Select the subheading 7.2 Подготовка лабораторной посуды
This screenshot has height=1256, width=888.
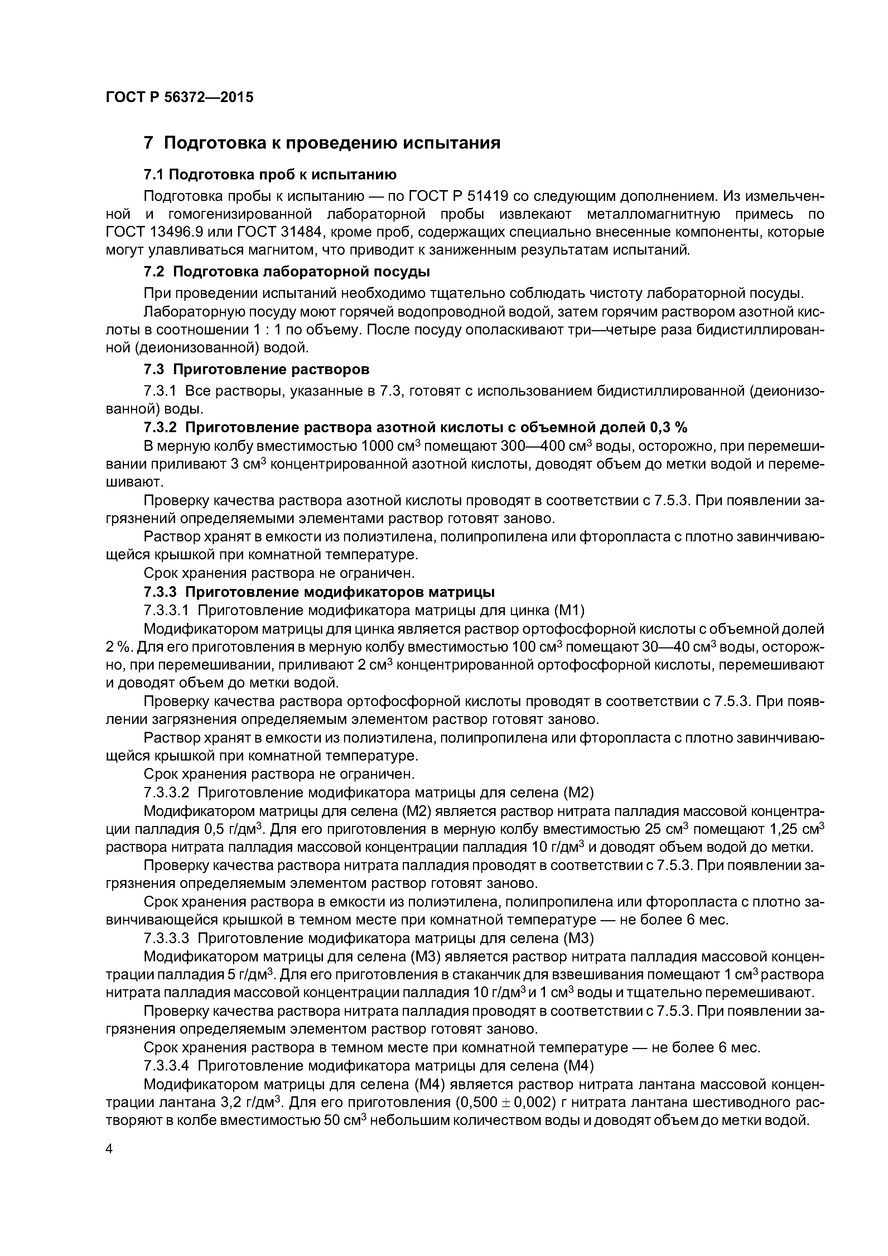[287, 272]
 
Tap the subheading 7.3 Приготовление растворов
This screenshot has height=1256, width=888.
[257, 370]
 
